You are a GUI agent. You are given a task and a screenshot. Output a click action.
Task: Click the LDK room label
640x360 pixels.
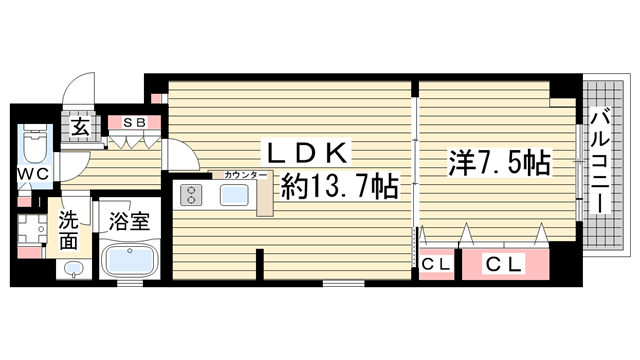(307, 153)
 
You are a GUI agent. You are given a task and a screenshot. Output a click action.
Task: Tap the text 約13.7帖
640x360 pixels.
(340, 186)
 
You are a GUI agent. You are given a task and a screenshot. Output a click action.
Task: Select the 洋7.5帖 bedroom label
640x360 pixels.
(497, 162)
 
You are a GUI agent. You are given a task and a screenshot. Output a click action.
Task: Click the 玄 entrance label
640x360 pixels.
(78, 128)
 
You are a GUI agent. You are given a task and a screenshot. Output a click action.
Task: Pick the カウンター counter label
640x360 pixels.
(245, 175)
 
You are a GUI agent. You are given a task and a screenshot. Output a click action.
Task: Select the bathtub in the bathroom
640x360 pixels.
(127, 261)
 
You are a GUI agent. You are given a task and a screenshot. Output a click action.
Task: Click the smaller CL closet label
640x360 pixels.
(434, 265)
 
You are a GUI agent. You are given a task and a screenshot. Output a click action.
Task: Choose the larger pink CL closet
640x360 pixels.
(505, 265)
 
